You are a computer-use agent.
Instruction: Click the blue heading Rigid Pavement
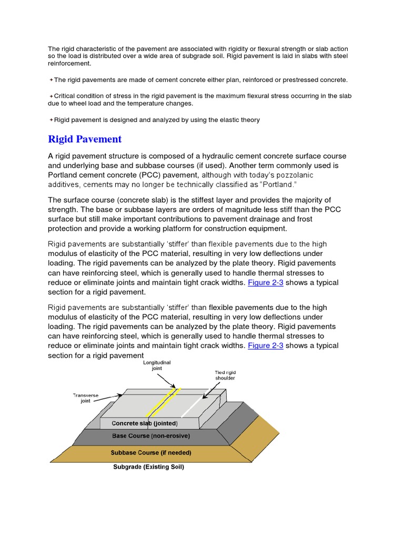coord(85,139)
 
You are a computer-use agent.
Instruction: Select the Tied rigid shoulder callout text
coord(225,375)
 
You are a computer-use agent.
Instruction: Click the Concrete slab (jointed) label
coord(145,423)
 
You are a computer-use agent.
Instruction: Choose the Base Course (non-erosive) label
coord(151,436)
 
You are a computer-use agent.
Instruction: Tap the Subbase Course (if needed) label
coord(151,452)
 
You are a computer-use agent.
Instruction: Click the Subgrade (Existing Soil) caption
coord(149,467)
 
